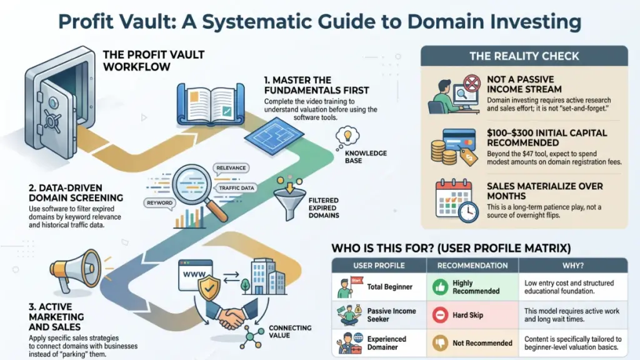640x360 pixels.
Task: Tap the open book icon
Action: [x=211, y=104]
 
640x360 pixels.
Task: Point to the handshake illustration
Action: [x=230, y=314]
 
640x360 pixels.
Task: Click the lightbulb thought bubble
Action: [x=347, y=137]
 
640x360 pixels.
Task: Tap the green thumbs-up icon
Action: [x=440, y=287]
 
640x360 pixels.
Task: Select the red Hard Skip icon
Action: [x=440, y=315]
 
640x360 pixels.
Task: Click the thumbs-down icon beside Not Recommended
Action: [x=440, y=343]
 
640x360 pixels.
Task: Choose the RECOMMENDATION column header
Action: [x=472, y=265]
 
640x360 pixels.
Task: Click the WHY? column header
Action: [x=573, y=265]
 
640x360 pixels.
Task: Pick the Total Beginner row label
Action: [x=390, y=287]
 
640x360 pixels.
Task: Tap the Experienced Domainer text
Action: [x=386, y=343]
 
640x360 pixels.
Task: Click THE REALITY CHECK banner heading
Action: [x=524, y=56]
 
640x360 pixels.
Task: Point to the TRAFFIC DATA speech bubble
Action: [x=236, y=188]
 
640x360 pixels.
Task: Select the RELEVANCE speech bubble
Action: [x=231, y=168]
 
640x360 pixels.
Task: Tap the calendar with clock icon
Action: [x=456, y=201]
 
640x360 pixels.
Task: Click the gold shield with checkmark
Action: [x=209, y=287]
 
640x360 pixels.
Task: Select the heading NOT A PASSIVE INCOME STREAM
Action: [x=524, y=84]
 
